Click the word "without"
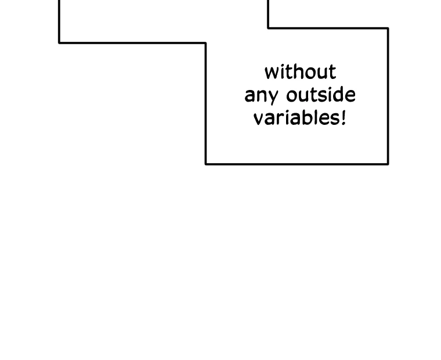coord(300,72)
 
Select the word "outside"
coord(321,94)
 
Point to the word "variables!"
coord(299,117)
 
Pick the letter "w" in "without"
coord(271,73)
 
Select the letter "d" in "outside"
coord(337,94)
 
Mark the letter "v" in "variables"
coord(259,120)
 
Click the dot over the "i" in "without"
coord(281,66)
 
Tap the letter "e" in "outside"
coord(350,96)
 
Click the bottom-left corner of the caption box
coord(206,164)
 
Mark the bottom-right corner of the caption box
coord(388,164)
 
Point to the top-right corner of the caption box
coord(388,28)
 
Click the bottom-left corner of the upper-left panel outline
coord(59,43)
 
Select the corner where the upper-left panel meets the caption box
coord(206,43)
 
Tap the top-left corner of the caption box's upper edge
coord(268,28)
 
